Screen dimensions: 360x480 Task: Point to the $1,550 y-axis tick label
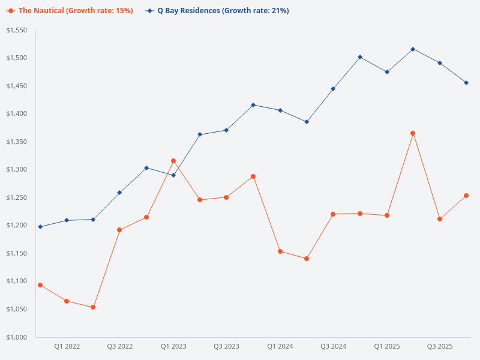coord(17,30)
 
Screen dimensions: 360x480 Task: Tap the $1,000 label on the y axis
coord(17,337)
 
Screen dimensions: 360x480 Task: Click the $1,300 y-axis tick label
coord(17,170)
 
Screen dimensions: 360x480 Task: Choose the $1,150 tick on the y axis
coord(17,253)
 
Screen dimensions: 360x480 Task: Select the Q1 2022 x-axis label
coord(67,346)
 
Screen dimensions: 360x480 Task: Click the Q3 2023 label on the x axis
coord(226,346)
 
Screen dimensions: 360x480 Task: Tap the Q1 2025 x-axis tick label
coord(386,346)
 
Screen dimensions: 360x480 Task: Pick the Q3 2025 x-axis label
coord(440,346)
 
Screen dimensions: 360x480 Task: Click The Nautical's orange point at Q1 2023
coord(173,161)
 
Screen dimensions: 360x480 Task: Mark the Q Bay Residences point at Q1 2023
coord(173,175)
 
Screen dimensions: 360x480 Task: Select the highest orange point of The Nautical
coord(413,133)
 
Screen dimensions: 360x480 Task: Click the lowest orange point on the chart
coord(93,307)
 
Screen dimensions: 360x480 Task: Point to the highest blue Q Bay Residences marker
coord(413,49)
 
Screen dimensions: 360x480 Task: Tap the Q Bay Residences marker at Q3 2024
coord(333,89)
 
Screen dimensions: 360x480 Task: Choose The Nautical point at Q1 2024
coord(280,251)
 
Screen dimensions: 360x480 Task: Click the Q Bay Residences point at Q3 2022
coord(119,193)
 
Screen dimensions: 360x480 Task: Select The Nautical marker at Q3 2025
coord(440,219)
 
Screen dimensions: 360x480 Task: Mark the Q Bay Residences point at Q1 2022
coord(67,220)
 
